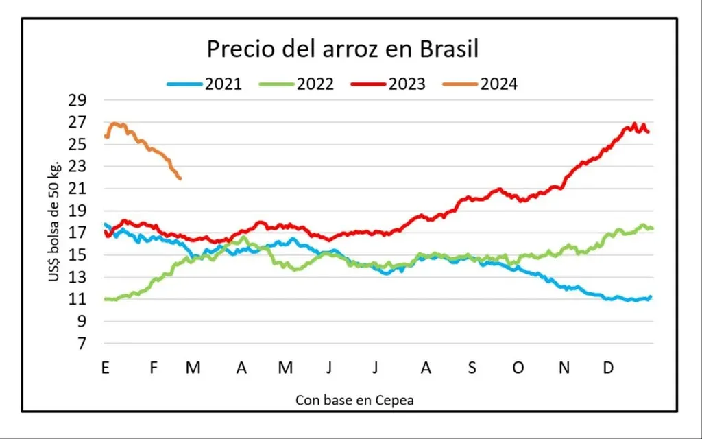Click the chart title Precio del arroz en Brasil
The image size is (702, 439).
(x=343, y=49)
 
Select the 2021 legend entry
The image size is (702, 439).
(x=205, y=84)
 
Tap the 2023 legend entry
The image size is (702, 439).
(x=389, y=84)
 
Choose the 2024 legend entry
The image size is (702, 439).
(x=480, y=84)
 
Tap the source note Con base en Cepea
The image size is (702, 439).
(x=354, y=400)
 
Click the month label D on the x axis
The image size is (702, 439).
(x=609, y=368)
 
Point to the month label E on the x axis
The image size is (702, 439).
(x=106, y=368)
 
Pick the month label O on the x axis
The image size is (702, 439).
(x=518, y=368)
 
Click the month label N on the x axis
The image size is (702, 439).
(x=564, y=368)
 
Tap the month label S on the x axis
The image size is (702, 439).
(x=472, y=368)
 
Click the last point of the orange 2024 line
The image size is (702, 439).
(x=180, y=178)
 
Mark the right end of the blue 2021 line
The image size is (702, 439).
(x=650, y=297)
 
